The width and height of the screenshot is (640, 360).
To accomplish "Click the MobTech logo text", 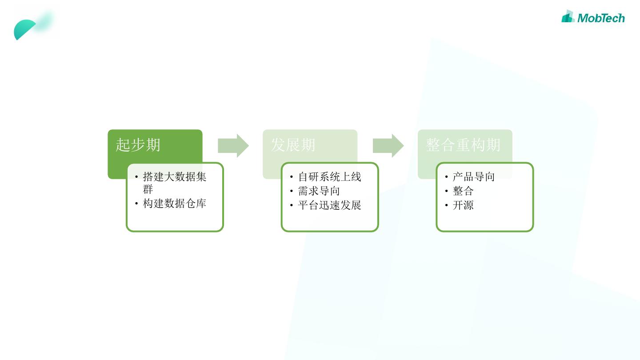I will click(601, 18).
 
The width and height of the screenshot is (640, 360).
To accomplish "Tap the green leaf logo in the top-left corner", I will click(27, 28).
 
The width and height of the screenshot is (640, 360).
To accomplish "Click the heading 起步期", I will click(138, 145).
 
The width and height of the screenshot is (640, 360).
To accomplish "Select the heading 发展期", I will click(293, 145).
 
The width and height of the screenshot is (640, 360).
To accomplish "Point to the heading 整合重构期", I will click(463, 145).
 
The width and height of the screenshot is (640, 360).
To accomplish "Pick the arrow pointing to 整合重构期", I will click(388, 145).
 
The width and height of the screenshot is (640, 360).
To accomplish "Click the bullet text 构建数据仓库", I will click(174, 204).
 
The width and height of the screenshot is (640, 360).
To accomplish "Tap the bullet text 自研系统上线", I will click(329, 177).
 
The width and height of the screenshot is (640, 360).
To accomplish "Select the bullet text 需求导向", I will click(319, 191).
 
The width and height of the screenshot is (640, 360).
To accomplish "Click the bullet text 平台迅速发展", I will click(329, 205).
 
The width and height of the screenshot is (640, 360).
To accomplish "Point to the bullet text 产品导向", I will click(473, 177).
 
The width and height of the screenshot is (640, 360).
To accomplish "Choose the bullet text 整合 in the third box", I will click(463, 191).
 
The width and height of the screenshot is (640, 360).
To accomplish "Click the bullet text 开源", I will click(463, 205).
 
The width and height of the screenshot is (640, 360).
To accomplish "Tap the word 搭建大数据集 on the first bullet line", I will click(174, 177).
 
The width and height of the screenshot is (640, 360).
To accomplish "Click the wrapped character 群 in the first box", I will click(148, 189).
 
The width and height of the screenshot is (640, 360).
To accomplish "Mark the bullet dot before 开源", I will click(447, 205).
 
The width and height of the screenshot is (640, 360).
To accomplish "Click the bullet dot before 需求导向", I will click(292, 191).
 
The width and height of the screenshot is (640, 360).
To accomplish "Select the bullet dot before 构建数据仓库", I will click(136, 204).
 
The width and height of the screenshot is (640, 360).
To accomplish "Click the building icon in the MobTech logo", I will click(568, 17).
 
